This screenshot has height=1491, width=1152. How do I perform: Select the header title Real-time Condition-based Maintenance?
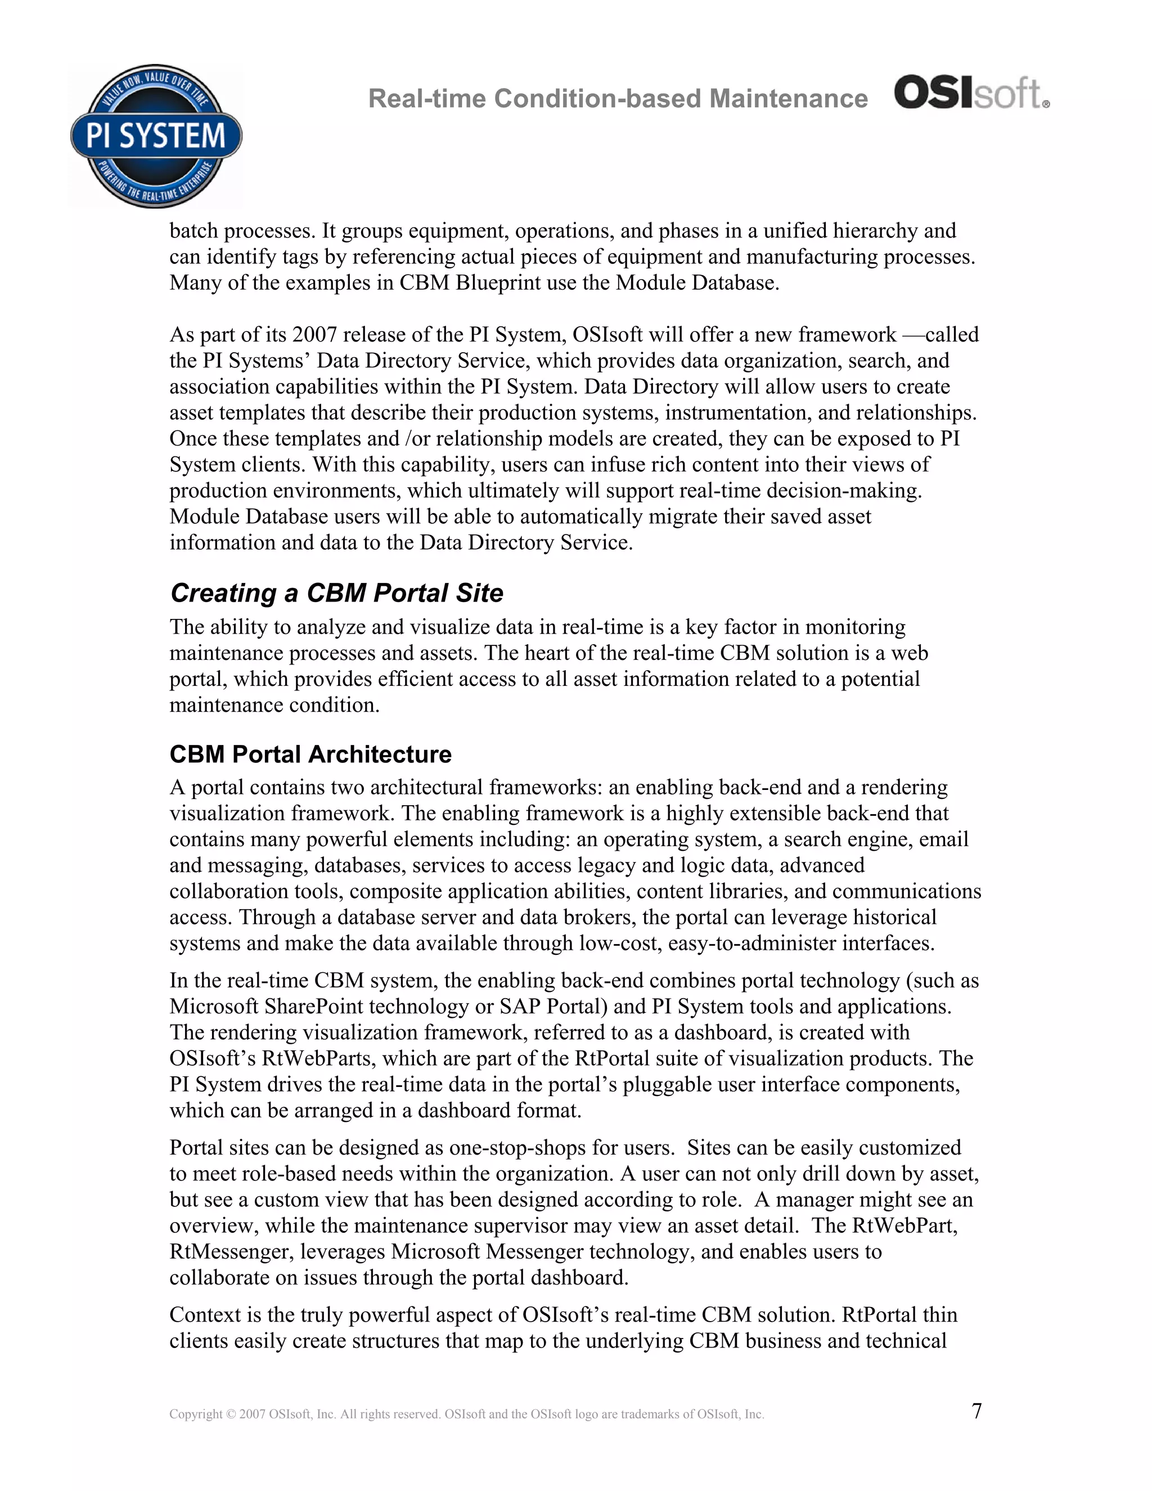point(618,99)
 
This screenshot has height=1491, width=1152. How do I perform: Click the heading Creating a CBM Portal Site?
point(336,592)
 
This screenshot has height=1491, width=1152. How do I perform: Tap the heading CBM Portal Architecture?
point(310,755)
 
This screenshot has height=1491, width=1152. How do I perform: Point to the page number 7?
point(976,1411)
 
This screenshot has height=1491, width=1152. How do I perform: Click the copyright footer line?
point(466,1414)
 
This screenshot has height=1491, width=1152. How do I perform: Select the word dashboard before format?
point(464,1110)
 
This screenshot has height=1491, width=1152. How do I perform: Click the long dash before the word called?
point(912,335)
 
